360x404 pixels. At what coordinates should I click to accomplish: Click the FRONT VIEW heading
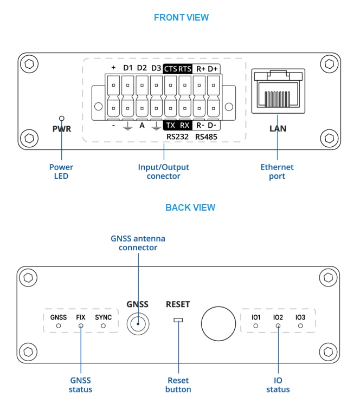[181, 17]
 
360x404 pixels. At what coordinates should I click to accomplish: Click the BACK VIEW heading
[190, 207]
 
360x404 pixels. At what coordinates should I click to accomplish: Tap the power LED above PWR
[62, 118]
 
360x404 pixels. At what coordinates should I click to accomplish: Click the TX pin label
[170, 125]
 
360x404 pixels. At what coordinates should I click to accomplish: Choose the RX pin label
[185, 125]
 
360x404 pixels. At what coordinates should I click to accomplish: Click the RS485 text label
[206, 137]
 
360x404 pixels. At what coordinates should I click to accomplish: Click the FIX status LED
[81, 327]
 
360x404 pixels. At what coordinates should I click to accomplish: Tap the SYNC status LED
[103, 327]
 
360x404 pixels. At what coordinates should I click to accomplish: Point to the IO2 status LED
[278, 327]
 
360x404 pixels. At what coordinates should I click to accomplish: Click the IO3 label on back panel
[300, 317]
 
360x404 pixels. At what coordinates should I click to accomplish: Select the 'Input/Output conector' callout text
[163, 172]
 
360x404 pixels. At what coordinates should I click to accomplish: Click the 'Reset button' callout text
[178, 385]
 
